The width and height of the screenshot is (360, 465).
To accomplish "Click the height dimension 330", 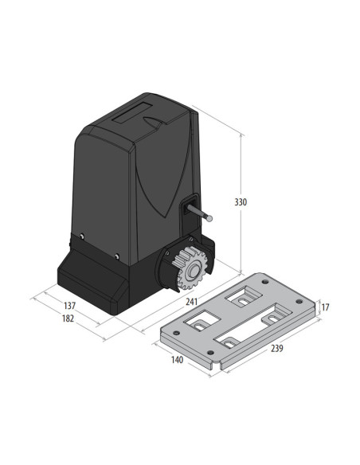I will pos(240,202).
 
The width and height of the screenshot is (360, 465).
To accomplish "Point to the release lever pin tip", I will pos(211,215).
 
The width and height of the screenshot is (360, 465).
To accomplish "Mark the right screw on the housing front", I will pos(117,256).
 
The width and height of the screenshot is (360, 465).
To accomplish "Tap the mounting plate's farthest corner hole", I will pos(262,279).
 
